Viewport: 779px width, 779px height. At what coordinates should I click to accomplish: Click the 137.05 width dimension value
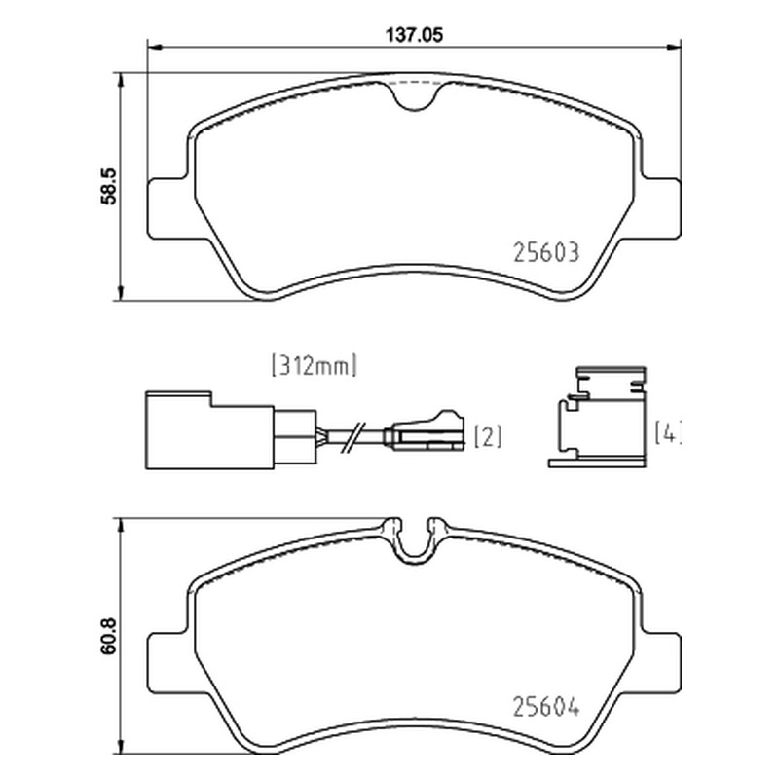[x=414, y=35]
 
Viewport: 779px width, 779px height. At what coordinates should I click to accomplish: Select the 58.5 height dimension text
[x=108, y=186]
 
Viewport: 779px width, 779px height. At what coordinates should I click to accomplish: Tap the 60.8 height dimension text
[x=108, y=636]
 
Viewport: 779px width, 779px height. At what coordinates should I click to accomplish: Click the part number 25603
[x=546, y=252]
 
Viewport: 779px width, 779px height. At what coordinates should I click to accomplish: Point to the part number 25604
[x=546, y=707]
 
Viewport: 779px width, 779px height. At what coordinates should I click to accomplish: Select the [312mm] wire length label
[x=314, y=366]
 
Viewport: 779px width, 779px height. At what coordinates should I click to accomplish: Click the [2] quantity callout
[x=488, y=436]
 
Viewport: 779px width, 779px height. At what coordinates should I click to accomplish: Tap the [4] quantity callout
[x=667, y=432]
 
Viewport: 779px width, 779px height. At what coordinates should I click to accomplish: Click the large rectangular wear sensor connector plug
[x=209, y=430]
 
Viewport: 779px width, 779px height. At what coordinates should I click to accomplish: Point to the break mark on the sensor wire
[x=353, y=437]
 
